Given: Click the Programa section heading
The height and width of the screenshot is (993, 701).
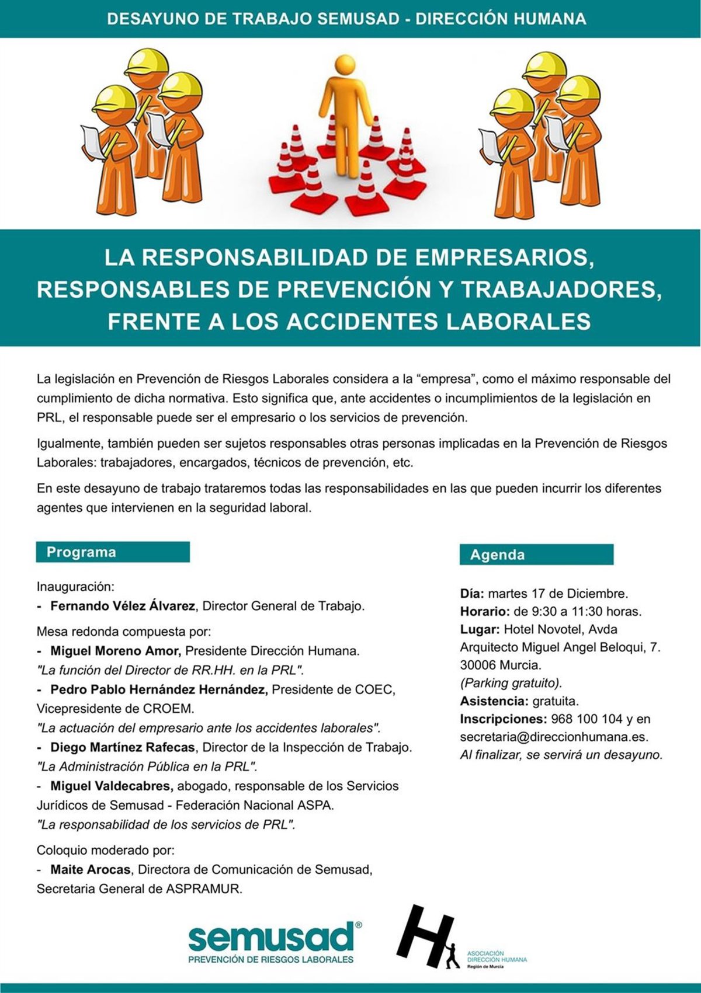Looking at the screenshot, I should tap(81, 552).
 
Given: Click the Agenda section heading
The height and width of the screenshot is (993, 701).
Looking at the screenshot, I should tap(497, 555).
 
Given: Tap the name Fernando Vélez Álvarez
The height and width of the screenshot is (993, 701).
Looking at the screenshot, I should tap(123, 606).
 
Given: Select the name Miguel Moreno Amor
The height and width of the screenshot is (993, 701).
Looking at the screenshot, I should tap(116, 650).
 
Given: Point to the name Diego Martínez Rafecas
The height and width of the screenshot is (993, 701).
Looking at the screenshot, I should tap(123, 747).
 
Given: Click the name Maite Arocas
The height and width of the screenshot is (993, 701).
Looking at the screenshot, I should tap(91, 870).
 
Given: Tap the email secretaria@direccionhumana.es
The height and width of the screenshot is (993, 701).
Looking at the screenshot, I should tap(554, 737).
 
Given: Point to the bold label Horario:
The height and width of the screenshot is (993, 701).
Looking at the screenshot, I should tap(485, 612).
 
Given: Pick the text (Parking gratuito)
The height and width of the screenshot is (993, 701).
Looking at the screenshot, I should tap(511, 683).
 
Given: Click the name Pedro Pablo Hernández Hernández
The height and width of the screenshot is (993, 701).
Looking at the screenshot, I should tap(159, 689).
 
